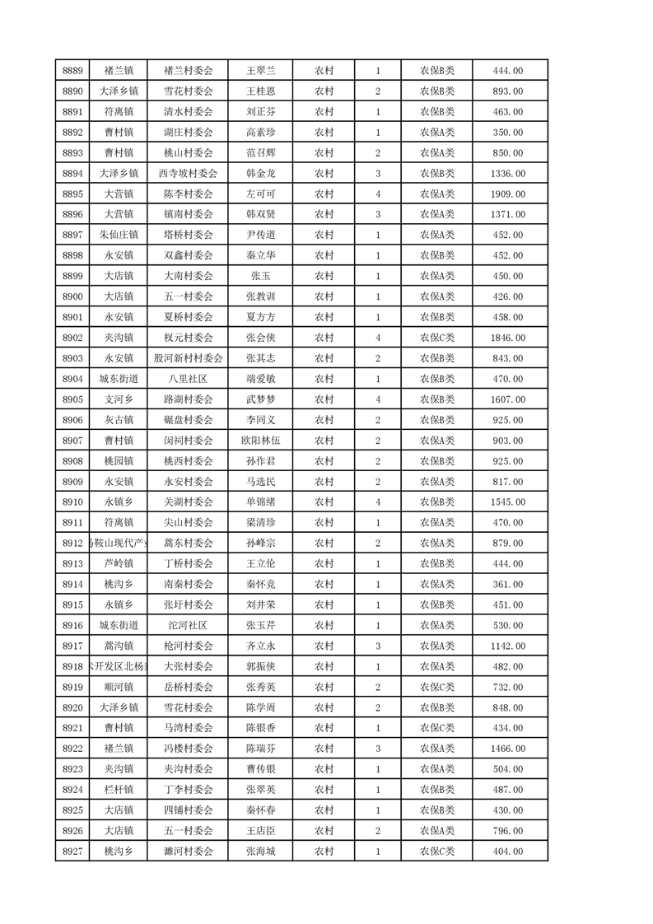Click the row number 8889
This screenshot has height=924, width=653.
tap(72, 70)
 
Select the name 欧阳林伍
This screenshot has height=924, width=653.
tap(260, 441)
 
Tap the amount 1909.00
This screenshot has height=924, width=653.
tap(507, 194)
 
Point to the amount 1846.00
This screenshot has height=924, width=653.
tap(507, 338)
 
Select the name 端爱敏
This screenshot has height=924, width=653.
tap(260, 379)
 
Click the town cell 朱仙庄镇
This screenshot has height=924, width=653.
tap(119, 235)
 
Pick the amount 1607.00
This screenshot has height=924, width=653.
tap(507, 399)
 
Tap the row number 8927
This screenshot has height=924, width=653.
tap(72, 852)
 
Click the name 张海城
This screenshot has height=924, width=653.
tap(260, 852)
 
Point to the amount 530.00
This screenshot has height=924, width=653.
tap(507, 625)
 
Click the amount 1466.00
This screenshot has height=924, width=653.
tap(507, 749)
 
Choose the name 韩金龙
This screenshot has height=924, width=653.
tap(260, 173)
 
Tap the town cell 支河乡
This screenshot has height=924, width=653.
tap(119, 399)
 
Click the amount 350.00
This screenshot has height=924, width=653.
tap(507, 132)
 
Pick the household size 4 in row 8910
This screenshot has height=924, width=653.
tap(377, 502)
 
